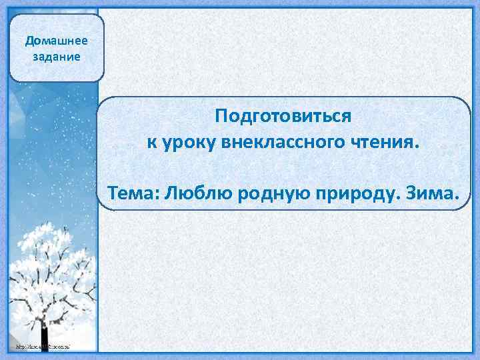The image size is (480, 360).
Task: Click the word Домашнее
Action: (x=56, y=41)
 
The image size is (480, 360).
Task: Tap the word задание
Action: (x=56, y=56)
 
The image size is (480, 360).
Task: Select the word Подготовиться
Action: (x=283, y=117)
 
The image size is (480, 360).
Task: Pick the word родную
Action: (x=268, y=193)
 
